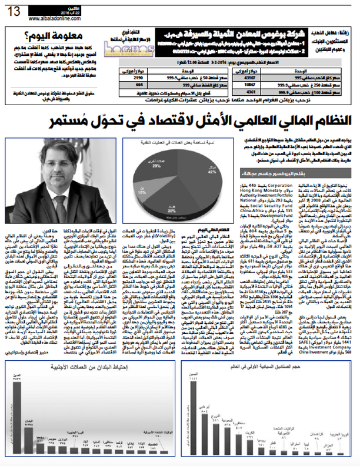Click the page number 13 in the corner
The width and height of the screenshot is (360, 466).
14,11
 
